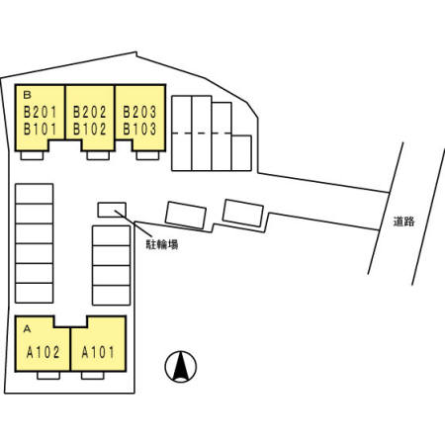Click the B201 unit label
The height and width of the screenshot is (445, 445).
41,112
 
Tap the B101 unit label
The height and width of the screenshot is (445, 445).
41,129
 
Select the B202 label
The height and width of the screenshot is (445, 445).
90,112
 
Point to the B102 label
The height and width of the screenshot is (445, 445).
90,129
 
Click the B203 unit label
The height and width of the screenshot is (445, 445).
139,112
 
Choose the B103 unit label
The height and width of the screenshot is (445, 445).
139,129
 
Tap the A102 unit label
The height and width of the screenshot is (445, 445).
44,352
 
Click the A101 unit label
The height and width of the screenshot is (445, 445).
98,352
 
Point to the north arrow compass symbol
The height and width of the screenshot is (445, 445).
181,366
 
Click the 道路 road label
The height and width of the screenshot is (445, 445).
403,222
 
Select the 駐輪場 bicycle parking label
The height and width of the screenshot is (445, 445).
162,244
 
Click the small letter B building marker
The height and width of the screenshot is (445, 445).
27,95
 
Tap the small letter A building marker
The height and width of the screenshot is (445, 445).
27,328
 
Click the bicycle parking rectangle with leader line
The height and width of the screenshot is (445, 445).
112,210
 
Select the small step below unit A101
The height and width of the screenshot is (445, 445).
93,376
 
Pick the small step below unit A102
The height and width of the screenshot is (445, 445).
48,376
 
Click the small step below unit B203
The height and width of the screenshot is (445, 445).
147,155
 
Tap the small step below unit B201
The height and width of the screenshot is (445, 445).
32,155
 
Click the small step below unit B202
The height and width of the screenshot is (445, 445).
98,155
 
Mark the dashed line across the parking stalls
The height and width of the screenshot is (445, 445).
202,133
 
